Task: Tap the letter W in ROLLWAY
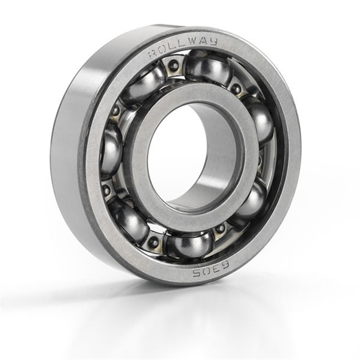193,43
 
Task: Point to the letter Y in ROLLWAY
213,41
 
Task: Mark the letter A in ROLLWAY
203,42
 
